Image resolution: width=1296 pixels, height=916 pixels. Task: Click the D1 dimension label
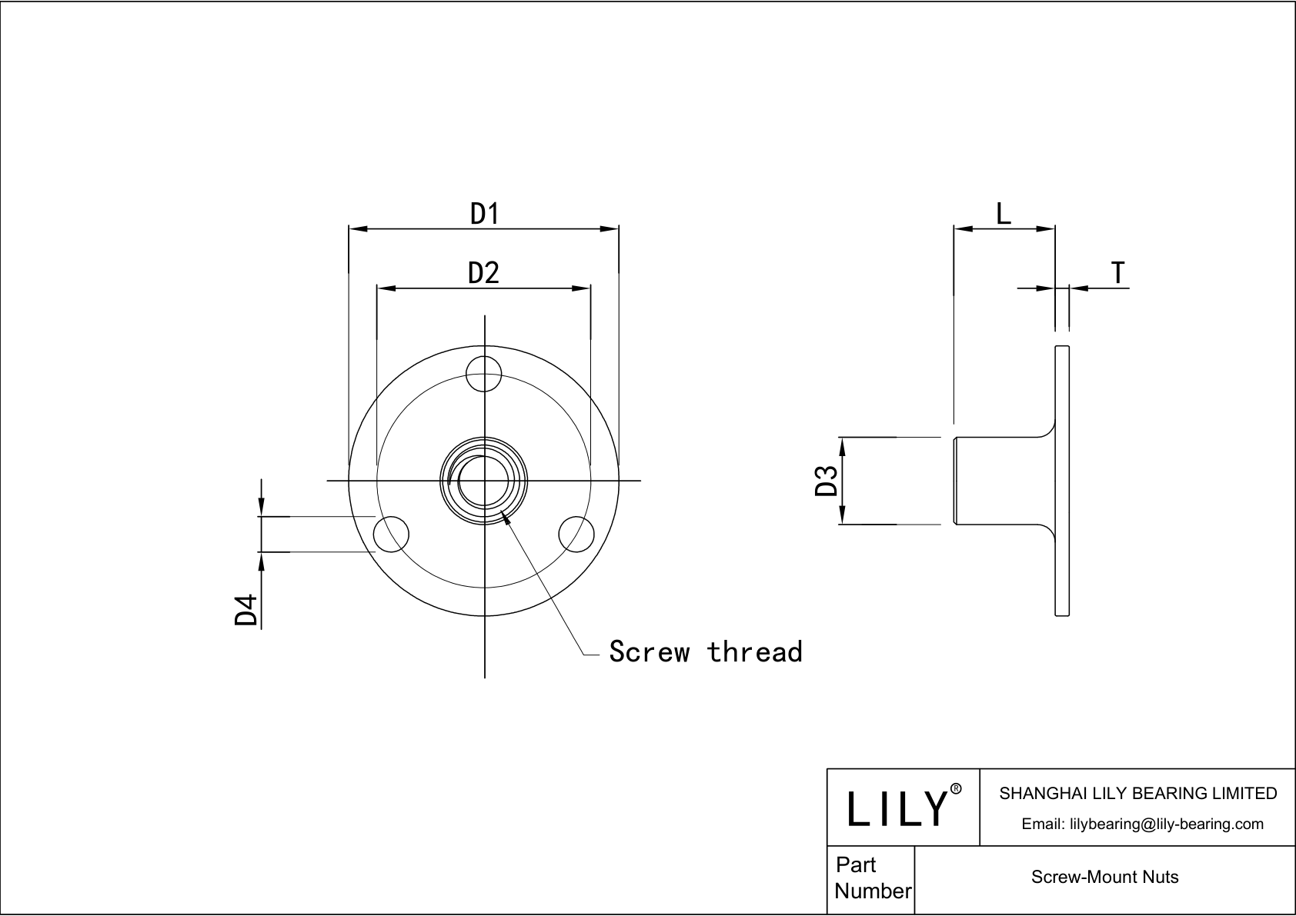pos(485,213)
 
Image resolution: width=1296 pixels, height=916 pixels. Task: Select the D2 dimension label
pos(484,272)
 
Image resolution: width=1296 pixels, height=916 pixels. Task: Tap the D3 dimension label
pos(826,481)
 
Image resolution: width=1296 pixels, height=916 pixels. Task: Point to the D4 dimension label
pos(246,610)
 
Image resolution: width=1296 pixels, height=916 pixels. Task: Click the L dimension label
pos(1004,213)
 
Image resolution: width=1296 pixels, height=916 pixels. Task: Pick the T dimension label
pos(1117,272)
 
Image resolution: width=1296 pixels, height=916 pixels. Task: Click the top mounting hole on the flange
pos(484,375)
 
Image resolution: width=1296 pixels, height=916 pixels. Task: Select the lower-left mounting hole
pos(391,534)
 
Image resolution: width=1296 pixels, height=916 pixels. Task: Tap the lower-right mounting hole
pos(576,534)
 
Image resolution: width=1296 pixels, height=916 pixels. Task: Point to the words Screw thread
pos(705,651)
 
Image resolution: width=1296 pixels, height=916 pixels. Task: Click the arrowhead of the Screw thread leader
pos(506,518)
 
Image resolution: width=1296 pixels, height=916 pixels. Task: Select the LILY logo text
pos(897,808)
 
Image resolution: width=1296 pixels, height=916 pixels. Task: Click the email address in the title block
pos(1142,824)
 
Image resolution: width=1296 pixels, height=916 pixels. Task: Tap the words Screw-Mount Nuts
pos(1104,877)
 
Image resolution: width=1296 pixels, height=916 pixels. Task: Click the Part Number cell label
pos(872,878)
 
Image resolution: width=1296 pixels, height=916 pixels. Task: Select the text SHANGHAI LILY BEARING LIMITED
pos(1137,793)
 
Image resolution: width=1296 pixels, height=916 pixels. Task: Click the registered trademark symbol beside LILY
pos(956,789)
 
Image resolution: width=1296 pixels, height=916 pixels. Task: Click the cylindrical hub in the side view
pos(1000,481)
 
